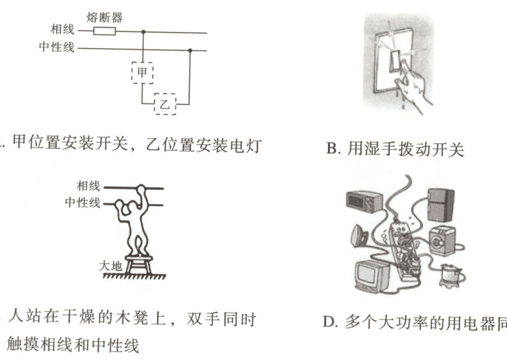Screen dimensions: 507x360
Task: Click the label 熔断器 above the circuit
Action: (104, 17)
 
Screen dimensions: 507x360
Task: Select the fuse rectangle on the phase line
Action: (104, 31)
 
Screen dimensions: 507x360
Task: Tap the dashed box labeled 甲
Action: (142, 73)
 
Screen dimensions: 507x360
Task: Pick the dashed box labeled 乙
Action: (165, 104)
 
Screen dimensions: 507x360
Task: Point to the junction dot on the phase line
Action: (143, 31)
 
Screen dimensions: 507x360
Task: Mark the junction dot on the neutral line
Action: (190, 50)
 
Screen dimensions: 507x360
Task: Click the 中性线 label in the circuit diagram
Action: (57, 47)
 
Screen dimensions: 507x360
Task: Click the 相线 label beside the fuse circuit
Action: (62, 29)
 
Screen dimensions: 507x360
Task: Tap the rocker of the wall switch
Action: (395, 60)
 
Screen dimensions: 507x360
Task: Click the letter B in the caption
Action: (332, 149)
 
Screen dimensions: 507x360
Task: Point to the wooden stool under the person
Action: (138, 265)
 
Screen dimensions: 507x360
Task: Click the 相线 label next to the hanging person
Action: (88, 186)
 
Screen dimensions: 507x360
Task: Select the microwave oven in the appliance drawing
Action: (364, 201)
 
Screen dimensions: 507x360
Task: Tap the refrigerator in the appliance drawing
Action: (441, 205)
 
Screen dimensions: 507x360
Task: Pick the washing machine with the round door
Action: (442, 241)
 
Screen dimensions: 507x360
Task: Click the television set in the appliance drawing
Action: (373, 275)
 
